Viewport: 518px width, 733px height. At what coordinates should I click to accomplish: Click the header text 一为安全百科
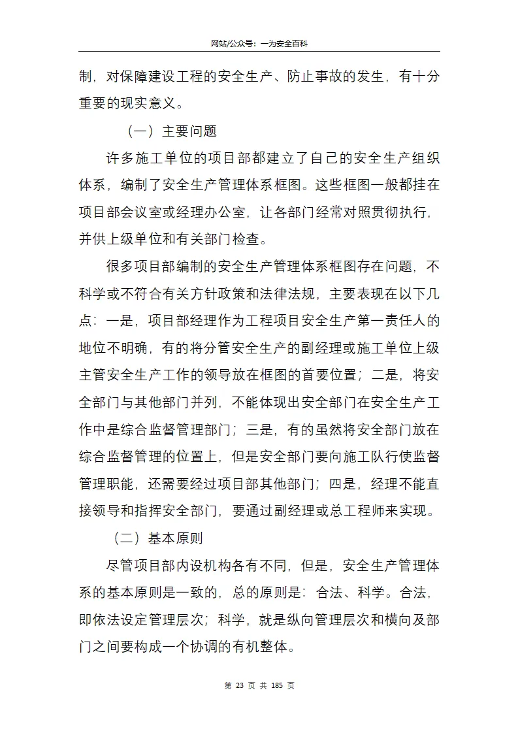[284, 43]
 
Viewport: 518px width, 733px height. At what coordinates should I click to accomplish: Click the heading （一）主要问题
[171, 131]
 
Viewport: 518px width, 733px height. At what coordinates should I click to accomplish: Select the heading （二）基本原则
[157, 538]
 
